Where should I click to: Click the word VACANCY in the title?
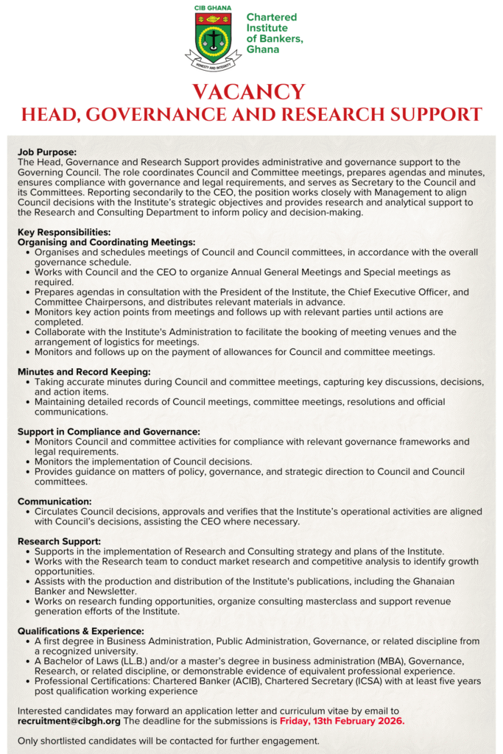pyautogui.click(x=251, y=92)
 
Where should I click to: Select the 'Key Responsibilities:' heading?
pyautogui.click(x=64, y=232)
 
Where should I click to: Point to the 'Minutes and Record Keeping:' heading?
pyautogui.click(x=84, y=372)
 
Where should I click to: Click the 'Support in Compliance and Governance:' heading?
pyautogui.click(x=109, y=431)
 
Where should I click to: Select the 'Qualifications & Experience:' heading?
pyautogui.click(x=81, y=631)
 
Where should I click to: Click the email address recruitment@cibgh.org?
pyautogui.click(x=68, y=721)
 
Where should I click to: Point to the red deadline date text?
pyautogui.click(x=342, y=721)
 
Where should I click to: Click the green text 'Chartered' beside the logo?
pyautogui.click(x=272, y=17)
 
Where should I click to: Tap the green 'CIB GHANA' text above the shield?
pyautogui.click(x=213, y=8)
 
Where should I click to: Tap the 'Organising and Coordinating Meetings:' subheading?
pyautogui.click(x=107, y=242)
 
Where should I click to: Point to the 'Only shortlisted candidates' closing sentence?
pyautogui.click(x=169, y=740)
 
